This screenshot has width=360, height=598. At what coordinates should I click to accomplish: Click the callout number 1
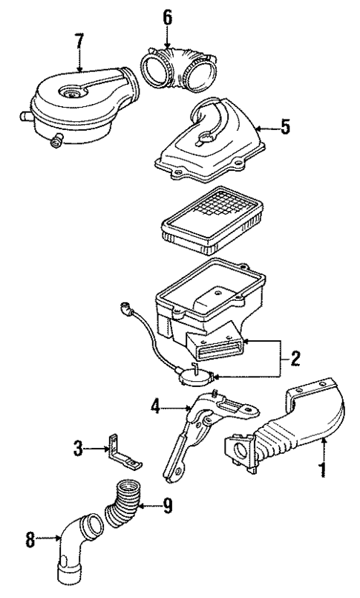(x=323, y=469)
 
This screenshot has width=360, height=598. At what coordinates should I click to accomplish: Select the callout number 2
(x=295, y=359)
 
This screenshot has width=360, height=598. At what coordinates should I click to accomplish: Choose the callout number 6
(x=168, y=16)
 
